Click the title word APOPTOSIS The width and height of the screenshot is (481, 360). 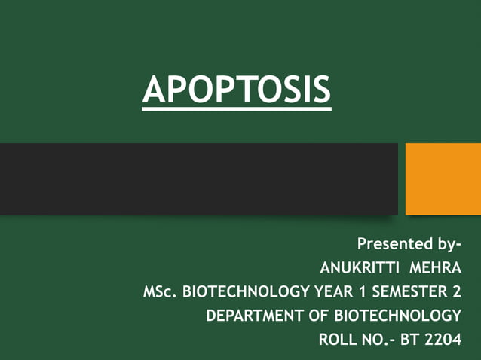[x=236, y=90]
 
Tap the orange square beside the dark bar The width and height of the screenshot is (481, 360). [x=443, y=178]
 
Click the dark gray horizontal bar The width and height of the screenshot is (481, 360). [x=198, y=178]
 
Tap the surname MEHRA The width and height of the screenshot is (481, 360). [x=434, y=267]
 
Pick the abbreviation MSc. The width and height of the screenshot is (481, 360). [x=159, y=291]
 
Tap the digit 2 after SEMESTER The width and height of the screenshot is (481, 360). [x=455, y=291]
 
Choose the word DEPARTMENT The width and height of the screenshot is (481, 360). [x=251, y=316]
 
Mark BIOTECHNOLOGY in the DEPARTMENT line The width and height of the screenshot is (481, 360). [x=396, y=316]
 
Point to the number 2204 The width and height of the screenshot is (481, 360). [x=443, y=340]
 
